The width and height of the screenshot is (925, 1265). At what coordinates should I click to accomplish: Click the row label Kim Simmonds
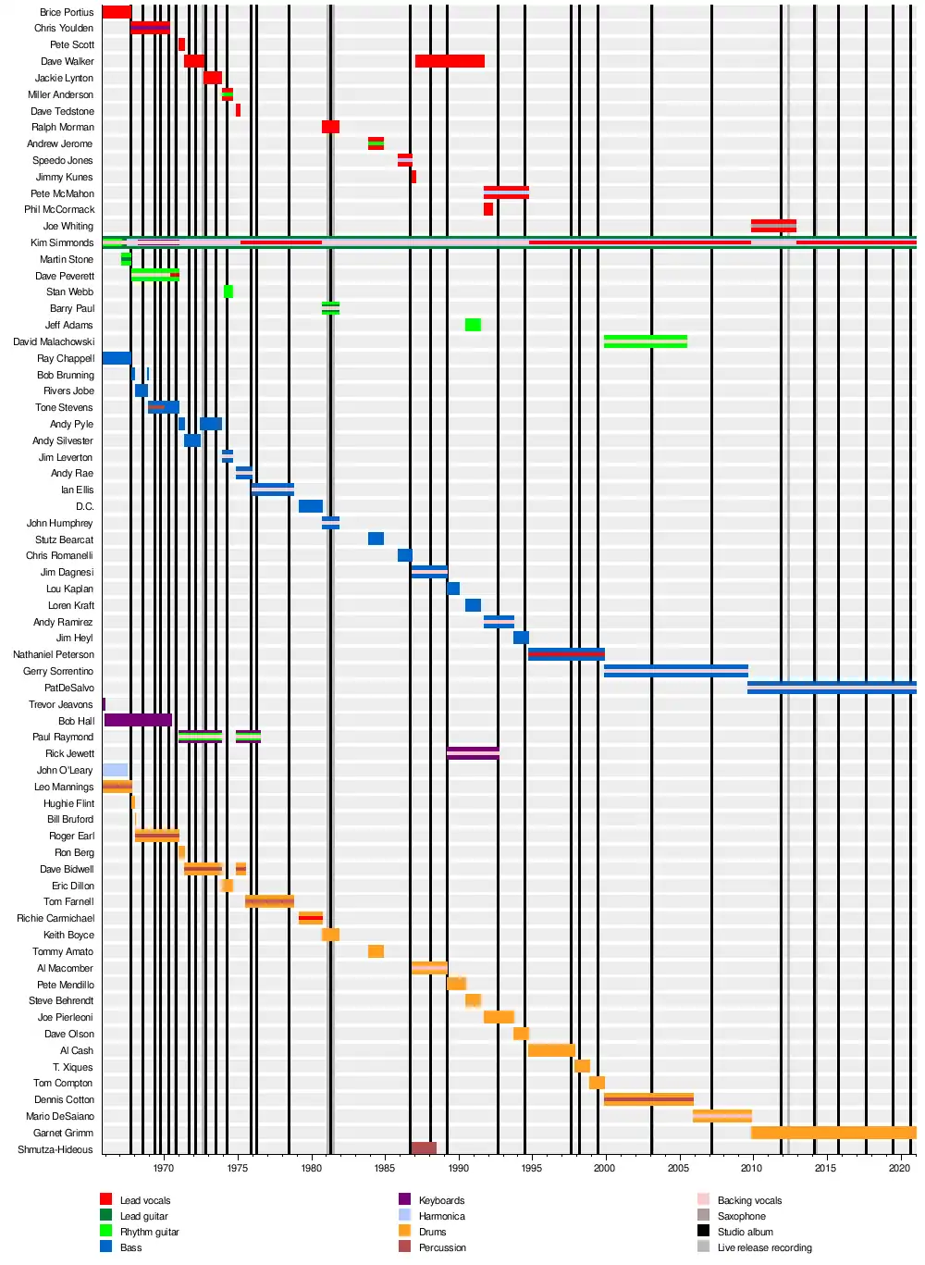(62, 243)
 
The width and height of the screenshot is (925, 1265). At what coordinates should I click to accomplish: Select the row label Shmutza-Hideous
(55, 1150)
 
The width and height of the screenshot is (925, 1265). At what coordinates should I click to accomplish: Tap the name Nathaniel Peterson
(54, 655)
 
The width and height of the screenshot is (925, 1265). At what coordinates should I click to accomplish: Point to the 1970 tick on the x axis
(164, 1168)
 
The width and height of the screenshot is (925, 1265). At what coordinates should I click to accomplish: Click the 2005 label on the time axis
(678, 1168)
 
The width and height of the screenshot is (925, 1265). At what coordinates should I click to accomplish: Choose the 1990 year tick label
(458, 1168)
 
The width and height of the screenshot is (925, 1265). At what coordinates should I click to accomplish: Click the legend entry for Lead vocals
(145, 1201)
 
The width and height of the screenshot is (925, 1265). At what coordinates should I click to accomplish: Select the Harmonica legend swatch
(404, 1216)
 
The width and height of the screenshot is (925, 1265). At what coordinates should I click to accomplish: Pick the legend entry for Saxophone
(741, 1217)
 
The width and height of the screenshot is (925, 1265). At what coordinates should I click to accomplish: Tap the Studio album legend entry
(745, 1233)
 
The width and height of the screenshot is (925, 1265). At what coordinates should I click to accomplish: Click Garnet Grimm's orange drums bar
(832, 1133)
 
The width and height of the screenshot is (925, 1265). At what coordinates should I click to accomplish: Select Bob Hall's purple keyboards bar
(138, 721)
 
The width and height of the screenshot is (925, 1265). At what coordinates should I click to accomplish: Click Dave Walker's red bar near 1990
(450, 62)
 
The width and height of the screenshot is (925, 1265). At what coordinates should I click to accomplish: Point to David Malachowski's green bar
(645, 341)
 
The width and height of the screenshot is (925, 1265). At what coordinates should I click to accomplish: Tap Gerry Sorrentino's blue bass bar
(675, 671)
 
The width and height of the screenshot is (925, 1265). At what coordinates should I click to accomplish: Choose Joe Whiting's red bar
(773, 226)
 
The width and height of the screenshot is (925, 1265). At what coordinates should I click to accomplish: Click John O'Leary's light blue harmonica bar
(115, 770)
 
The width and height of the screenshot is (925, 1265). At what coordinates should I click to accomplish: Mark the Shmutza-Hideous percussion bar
(424, 1148)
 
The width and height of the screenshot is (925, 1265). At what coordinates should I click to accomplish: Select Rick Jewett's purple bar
(473, 753)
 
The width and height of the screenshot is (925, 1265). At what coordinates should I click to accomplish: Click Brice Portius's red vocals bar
(116, 12)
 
